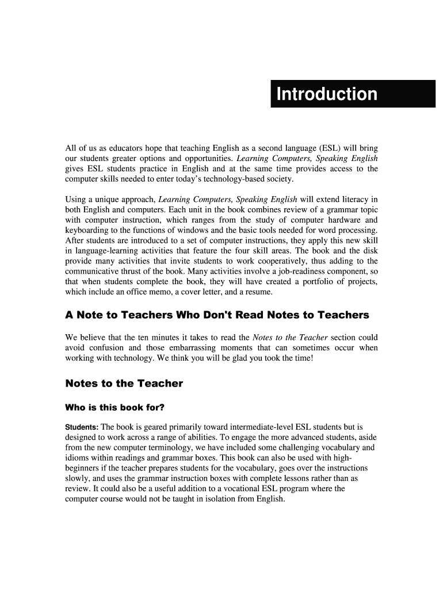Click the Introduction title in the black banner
[327, 94]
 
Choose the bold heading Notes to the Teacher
[124, 383]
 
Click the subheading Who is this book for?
[115, 408]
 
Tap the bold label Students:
[82, 427]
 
